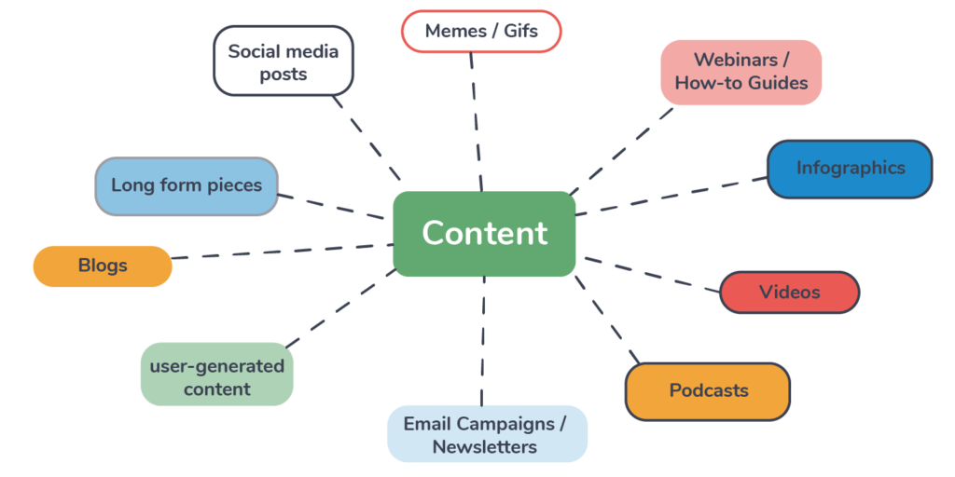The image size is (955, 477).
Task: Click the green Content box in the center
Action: (x=484, y=234)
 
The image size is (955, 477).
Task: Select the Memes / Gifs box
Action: (x=481, y=31)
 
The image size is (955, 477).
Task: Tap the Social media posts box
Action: (x=284, y=61)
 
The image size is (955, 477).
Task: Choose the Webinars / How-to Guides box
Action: (x=740, y=72)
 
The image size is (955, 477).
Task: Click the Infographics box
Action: (x=850, y=169)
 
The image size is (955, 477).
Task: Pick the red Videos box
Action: (x=789, y=293)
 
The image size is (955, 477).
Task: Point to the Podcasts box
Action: (x=708, y=391)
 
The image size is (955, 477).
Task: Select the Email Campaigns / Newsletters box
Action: (x=486, y=434)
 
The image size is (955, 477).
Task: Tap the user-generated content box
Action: (x=216, y=376)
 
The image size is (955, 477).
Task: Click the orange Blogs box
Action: (x=103, y=266)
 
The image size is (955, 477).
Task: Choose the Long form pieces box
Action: (x=187, y=185)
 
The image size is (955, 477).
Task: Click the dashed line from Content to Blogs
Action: (x=280, y=252)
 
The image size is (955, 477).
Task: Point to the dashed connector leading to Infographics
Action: (x=671, y=197)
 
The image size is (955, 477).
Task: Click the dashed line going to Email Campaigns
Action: (x=483, y=340)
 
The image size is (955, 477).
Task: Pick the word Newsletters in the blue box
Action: (x=484, y=447)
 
